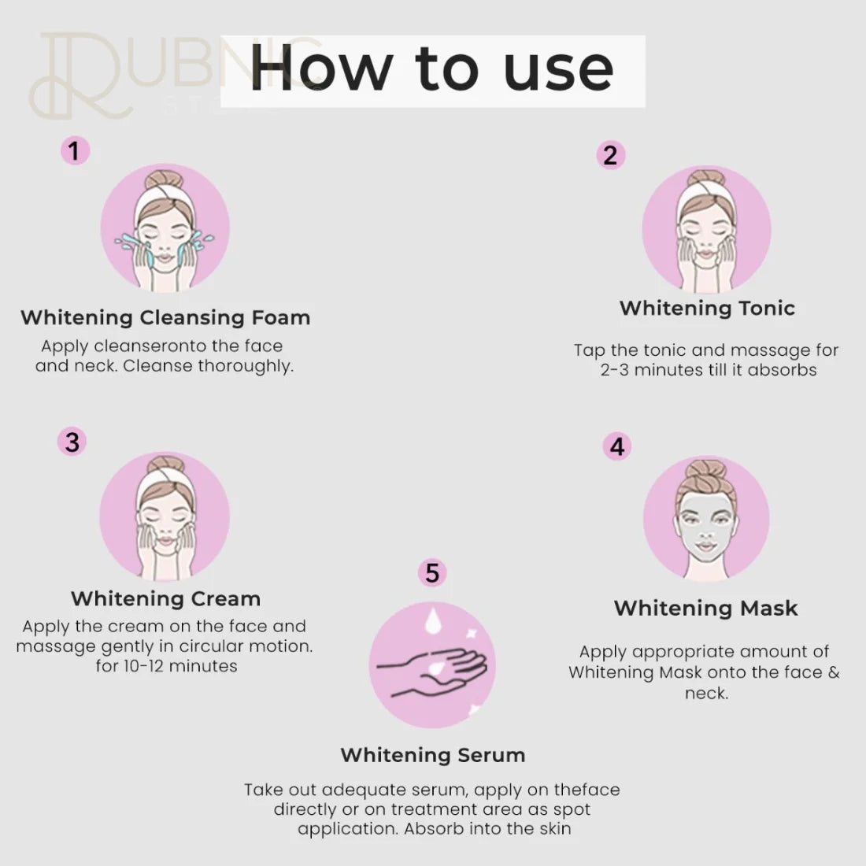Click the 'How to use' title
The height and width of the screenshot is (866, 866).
click(x=432, y=69)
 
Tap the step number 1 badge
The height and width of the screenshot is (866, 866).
click(x=75, y=150)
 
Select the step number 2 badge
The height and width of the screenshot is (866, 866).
click(x=610, y=155)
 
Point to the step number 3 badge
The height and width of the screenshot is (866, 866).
click(x=72, y=442)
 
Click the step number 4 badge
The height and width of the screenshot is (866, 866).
click(x=617, y=446)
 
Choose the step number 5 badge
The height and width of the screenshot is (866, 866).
click(x=432, y=572)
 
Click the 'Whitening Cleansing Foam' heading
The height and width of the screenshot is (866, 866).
click(x=165, y=317)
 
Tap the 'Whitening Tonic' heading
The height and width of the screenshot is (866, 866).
click(x=707, y=308)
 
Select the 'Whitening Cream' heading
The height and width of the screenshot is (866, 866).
click(x=165, y=598)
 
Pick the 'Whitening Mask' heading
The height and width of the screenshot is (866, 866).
click(x=705, y=608)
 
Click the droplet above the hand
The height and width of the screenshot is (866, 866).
click(x=431, y=620)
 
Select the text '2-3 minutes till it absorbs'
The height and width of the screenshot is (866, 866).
click(x=708, y=370)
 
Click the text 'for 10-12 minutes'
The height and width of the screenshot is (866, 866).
click(x=166, y=666)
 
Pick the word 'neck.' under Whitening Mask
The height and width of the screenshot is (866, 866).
click(x=706, y=693)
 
